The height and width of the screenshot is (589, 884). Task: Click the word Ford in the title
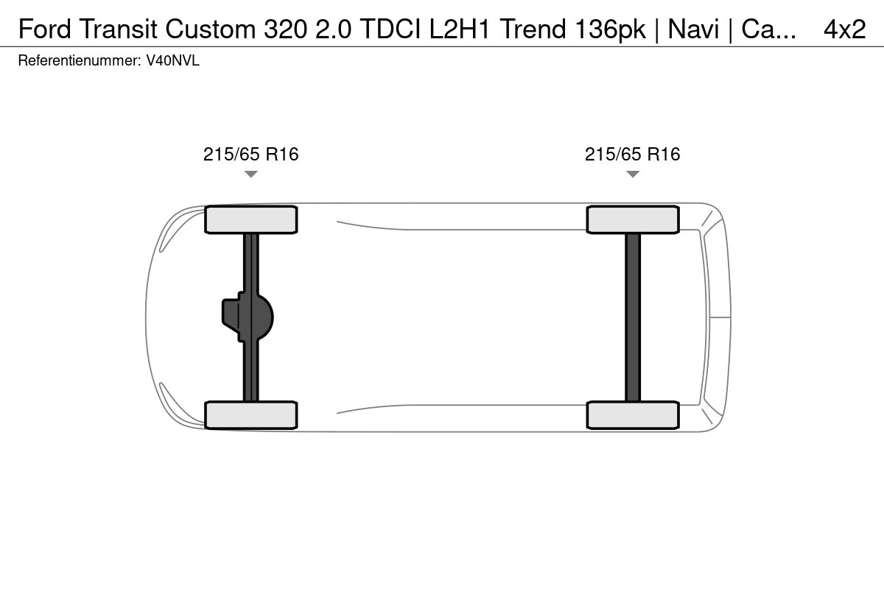tap(45, 29)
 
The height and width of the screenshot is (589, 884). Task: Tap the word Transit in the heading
tap(118, 29)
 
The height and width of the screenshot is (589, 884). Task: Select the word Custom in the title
tap(211, 29)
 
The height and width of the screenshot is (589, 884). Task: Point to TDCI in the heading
tap(390, 29)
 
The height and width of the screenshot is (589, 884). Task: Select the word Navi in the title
tap(693, 29)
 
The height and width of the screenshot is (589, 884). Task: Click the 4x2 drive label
tap(844, 29)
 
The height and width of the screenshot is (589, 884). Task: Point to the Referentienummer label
tap(80, 61)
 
